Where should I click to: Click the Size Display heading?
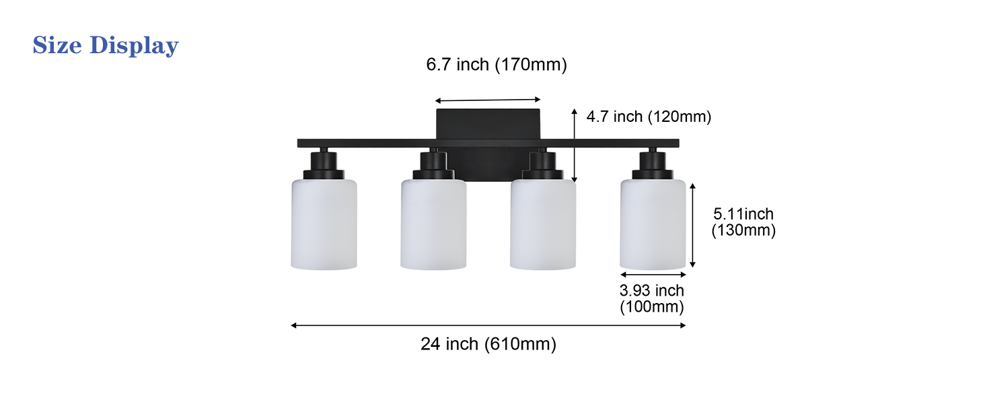(x=106, y=46)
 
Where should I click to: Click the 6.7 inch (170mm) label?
(x=497, y=65)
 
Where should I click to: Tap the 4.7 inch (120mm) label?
(x=649, y=116)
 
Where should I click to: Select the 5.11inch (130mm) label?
(x=743, y=222)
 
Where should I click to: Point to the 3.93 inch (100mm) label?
(x=651, y=299)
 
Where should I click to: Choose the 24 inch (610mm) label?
(x=488, y=344)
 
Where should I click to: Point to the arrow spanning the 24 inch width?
(x=488, y=326)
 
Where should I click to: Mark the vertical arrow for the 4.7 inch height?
(x=574, y=145)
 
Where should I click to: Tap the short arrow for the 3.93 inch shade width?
(x=653, y=275)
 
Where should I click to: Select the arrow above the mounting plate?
(x=488, y=100)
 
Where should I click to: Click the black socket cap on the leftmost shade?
(x=324, y=166)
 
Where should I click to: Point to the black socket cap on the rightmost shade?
(x=653, y=166)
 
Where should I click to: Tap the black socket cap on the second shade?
(x=433, y=166)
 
